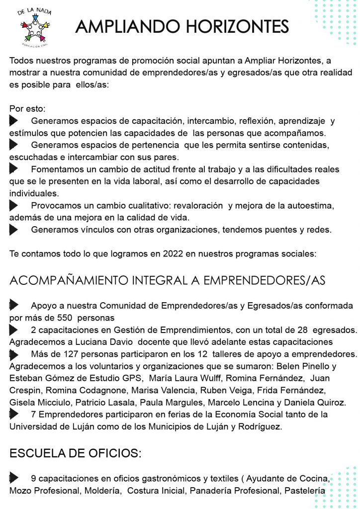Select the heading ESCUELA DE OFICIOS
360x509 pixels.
coord(76,453)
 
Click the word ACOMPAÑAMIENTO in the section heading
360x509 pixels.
coord(69,280)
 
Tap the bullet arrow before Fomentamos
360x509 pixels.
coord(13,169)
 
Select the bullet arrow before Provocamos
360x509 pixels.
coord(13,205)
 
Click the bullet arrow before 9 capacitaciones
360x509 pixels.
coord(13,478)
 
